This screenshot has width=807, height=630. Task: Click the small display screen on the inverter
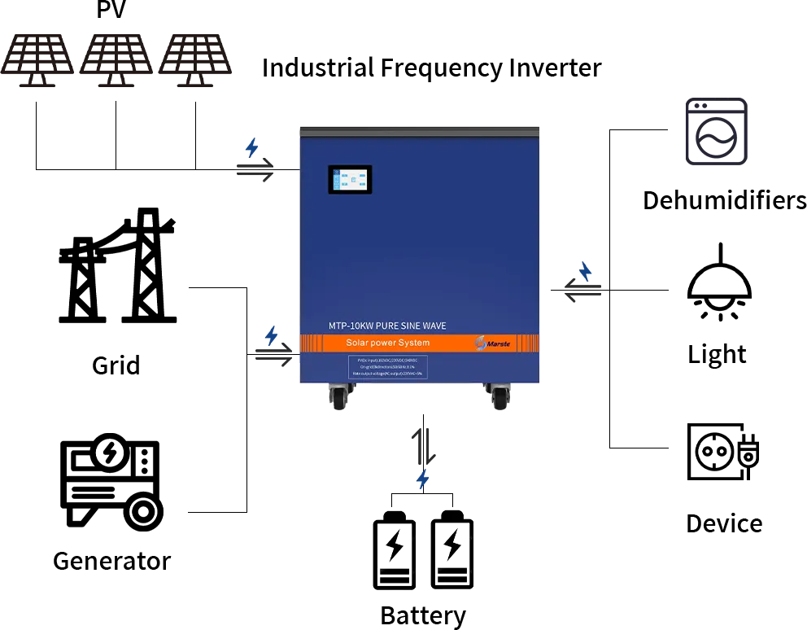350,180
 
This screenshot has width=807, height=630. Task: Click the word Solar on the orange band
358,343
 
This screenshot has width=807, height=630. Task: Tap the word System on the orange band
412,343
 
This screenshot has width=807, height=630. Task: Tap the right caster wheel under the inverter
497,396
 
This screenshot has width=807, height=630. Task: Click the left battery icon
394,549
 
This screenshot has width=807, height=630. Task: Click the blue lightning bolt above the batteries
423,479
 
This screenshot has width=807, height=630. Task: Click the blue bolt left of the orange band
273,336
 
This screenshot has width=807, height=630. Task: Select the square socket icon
715,133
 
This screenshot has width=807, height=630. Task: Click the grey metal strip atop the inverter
420,129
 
